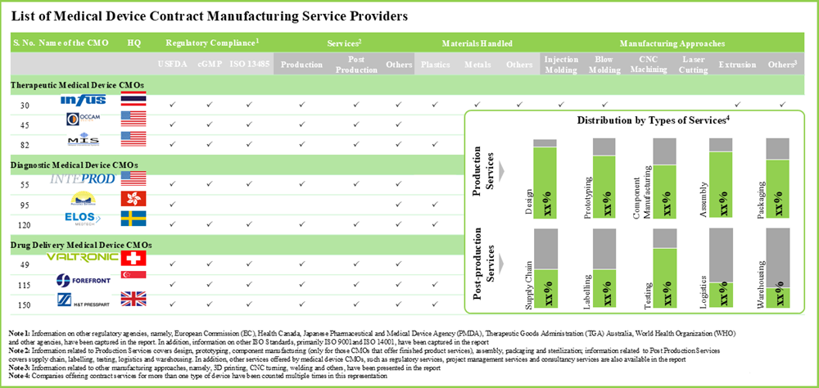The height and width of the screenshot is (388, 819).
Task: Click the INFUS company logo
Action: point(84,101)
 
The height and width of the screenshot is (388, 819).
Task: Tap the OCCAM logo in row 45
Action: point(84,120)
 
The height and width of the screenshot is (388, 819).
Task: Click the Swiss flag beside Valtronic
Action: point(133,259)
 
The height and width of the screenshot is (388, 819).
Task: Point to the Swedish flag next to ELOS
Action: point(133,219)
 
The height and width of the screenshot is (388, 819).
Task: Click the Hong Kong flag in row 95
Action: point(133,199)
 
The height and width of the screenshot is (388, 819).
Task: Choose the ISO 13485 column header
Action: point(249,64)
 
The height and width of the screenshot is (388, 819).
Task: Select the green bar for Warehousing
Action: point(777,296)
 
